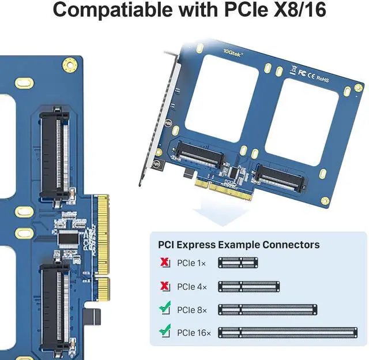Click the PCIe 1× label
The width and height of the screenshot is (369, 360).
[x=191, y=263]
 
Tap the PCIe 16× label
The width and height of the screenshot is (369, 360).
[x=194, y=332]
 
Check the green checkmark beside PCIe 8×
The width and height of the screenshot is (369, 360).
[x=165, y=309]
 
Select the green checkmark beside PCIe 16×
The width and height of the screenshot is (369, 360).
[x=165, y=332]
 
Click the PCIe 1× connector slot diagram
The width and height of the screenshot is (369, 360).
[x=238, y=263]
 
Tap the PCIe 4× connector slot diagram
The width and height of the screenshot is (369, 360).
[x=248, y=286]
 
